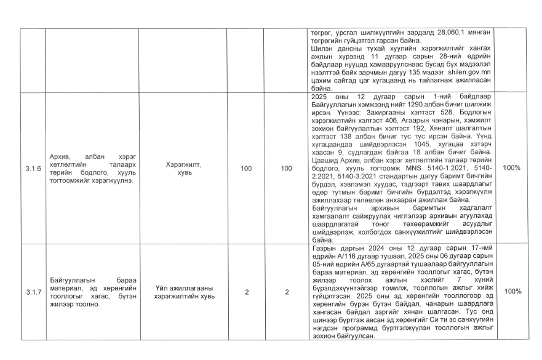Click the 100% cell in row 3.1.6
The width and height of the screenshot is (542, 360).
(512, 167)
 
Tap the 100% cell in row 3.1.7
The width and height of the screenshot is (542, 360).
(512, 292)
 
